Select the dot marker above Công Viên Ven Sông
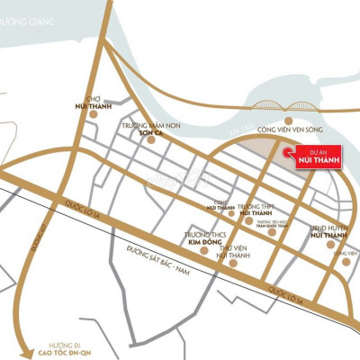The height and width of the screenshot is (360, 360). point(287,119)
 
